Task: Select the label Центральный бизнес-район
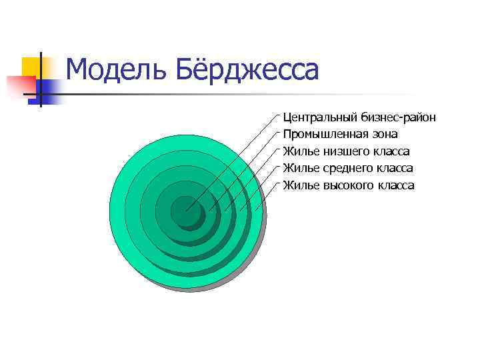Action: click(x=359, y=117)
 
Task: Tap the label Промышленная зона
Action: click(x=340, y=135)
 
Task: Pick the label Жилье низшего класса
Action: click(x=346, y=151)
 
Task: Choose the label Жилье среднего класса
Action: click(x=347, y=168)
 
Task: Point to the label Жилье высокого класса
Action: click(x=348, y=185)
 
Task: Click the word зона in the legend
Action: click(x=383, y=135)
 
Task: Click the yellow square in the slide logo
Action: click(x=30, y=67)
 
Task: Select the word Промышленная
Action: click(x=322, y=135)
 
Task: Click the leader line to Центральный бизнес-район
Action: click(x=233, y=160)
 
